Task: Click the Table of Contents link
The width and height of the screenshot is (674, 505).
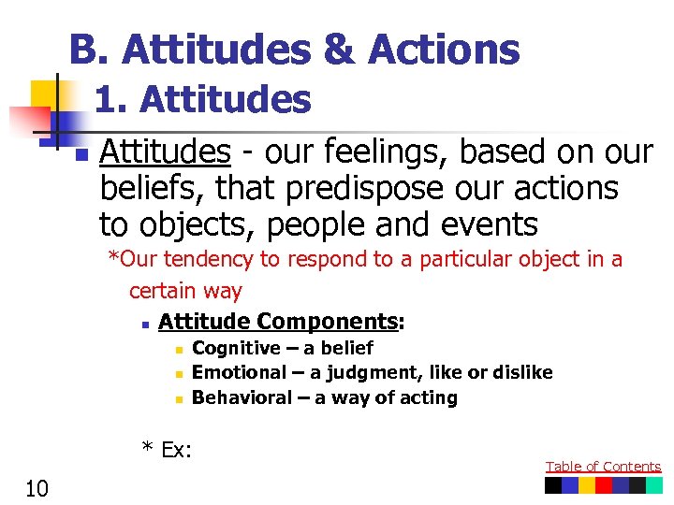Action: click(603, 467)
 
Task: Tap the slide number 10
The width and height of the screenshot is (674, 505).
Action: click(37, 488)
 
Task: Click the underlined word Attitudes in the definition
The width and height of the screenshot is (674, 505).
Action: click(165, 151)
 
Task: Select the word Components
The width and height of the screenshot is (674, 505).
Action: click(327, 322)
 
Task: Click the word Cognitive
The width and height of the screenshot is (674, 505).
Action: click(236, 348)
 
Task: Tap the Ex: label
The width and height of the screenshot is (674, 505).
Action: click(167, 450)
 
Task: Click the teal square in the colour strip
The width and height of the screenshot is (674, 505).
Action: click(654, 485)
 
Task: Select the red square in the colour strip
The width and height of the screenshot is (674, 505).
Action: click(604, 485)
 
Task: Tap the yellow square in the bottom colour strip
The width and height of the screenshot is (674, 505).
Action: click(587, 485)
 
